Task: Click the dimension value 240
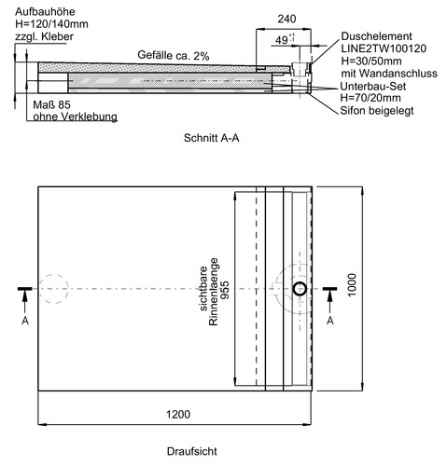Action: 286,19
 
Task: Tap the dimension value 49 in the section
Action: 282,40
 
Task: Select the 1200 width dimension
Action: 178,414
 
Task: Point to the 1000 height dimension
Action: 352,285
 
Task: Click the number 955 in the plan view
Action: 225,290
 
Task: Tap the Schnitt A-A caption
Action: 211,138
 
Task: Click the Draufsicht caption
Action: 192,451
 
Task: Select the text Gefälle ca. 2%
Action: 174,55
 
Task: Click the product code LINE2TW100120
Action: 384,48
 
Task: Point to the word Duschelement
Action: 376,36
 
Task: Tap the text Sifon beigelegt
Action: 377,110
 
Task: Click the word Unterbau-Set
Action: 373,86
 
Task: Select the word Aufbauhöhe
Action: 45,12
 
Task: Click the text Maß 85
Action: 51,104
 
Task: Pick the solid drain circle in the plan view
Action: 300,289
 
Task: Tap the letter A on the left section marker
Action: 25,321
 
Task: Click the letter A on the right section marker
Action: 330,321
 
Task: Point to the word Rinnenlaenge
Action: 214,292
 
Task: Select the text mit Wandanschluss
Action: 389,74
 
